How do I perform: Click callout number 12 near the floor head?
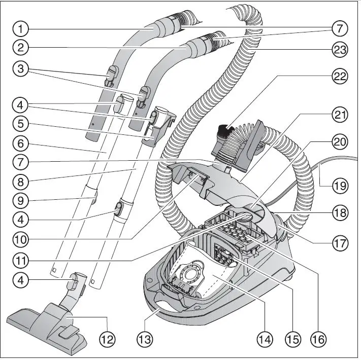tap(108, 338)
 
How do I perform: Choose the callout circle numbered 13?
tap(146, 338)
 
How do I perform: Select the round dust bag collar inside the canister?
tap(193, 274)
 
